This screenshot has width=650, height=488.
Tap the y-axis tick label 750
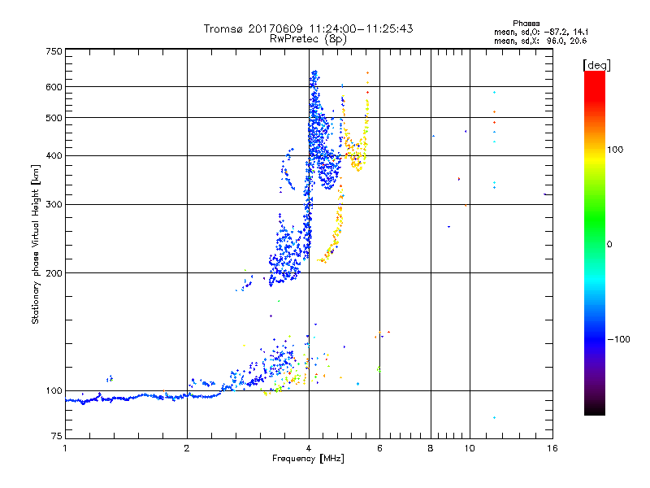(54, 51)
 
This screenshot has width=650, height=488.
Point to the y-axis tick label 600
(54, 87)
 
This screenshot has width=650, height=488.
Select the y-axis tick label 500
(54, 118)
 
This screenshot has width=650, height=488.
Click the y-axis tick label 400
(54, 155)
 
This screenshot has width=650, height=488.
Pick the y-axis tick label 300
(54, 204)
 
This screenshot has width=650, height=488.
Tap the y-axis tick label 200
(54, 273)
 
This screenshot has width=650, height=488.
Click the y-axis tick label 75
(56, 439)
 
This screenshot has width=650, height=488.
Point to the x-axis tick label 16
(551, 448)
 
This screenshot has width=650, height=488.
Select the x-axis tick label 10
(469, 448)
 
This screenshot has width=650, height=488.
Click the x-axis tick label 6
(379, 448)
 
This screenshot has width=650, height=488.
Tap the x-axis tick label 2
(187, 448)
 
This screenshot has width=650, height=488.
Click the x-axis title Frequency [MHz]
(308, 459)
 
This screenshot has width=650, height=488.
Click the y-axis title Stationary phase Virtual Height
(36, 244)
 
